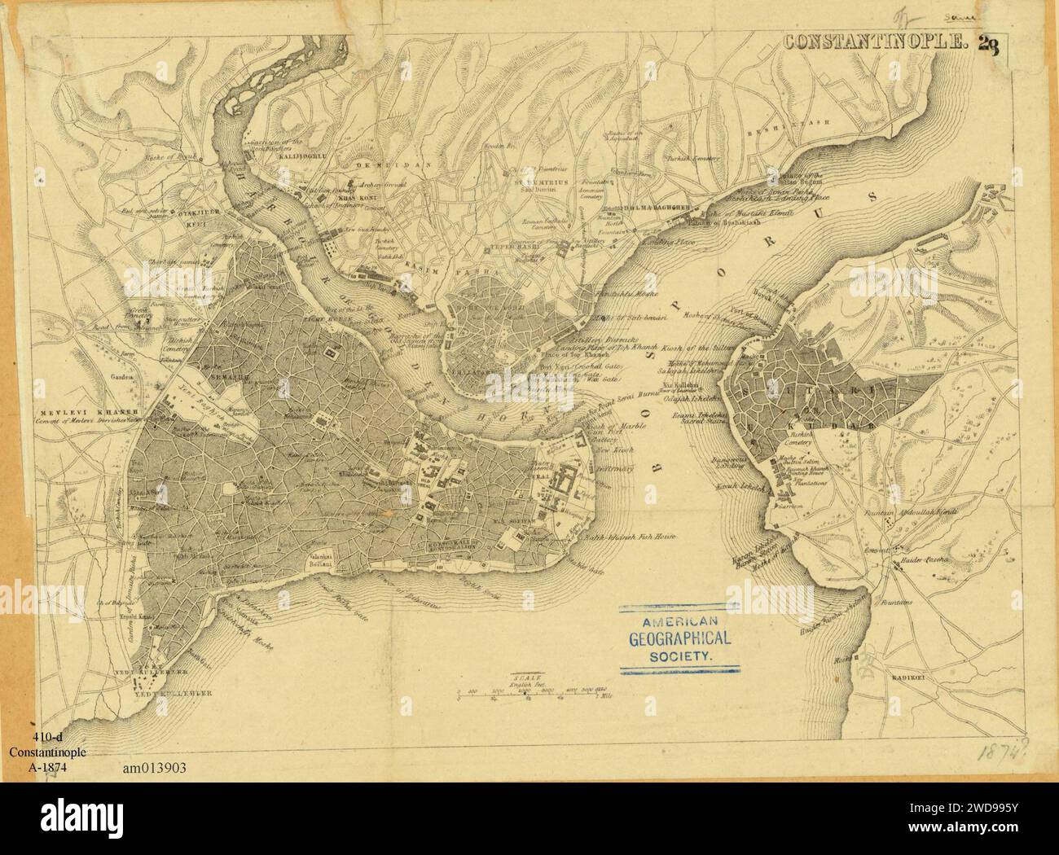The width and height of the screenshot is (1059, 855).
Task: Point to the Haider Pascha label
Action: [x=924, y=564]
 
